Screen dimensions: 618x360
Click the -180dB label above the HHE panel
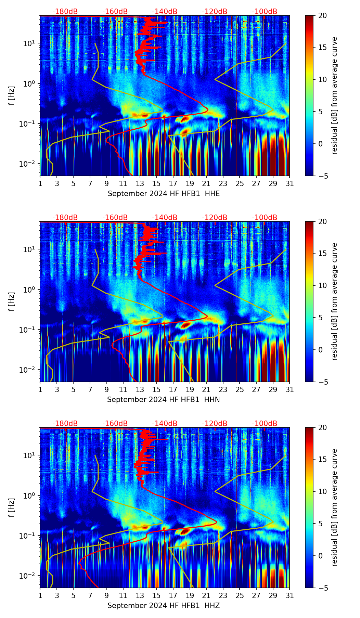65,12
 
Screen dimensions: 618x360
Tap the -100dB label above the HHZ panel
265,424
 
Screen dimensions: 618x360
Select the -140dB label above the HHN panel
165,218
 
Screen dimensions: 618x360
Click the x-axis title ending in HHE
164,194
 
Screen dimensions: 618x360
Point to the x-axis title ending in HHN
163,400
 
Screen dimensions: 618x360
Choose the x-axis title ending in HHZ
163,606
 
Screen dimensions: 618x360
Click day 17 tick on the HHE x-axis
173,184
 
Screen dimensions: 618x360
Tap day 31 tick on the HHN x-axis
290,390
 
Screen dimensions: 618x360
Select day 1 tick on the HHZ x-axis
40,596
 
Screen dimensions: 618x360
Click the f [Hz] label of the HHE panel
11,96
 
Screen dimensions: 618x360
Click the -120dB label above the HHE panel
215,12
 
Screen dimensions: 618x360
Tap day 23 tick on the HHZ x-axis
223,596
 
